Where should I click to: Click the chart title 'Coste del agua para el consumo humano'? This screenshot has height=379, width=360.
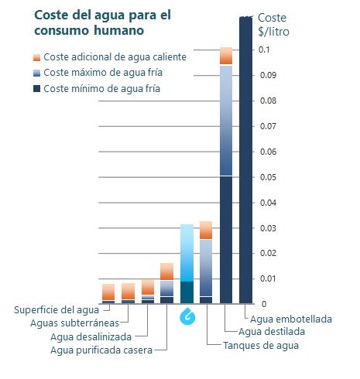[x=102, y=22]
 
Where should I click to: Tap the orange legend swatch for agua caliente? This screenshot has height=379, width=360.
[x=36, y=57]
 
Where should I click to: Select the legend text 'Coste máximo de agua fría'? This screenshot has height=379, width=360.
[x=103, y=73]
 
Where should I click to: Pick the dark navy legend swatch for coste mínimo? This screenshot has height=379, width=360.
[x=36, y=89]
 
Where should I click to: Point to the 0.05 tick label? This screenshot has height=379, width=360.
[x=268, y=177]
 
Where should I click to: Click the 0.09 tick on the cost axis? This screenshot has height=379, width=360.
[x=268, y=75]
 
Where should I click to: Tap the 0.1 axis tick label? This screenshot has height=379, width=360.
[x=264, y=50]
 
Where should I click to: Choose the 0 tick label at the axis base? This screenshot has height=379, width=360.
[x=264, y=304]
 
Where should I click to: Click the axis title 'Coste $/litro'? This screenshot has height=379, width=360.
[x=273, y=25]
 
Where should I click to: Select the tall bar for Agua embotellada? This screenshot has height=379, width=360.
[x=245, y=160]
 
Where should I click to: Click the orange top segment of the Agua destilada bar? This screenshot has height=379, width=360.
[x=226, y=56]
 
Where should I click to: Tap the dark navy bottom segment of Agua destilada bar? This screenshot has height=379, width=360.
[x=226, y=240]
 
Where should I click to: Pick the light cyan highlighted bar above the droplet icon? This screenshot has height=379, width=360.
[x=187, y=253]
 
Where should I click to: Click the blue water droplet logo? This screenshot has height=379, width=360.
[x=187, y=316]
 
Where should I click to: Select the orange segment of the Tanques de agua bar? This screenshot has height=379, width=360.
[x=206, y=230]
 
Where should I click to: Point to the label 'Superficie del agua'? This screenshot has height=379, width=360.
[x=57, y=310]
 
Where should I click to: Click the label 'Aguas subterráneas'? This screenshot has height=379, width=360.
[x=74, y=323]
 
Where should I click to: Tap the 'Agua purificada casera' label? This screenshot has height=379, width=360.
[x=101, y=350]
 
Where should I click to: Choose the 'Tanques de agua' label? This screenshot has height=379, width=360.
[x=261, y=346]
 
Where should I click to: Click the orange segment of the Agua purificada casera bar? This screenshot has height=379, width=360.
[x=166, y=271]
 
